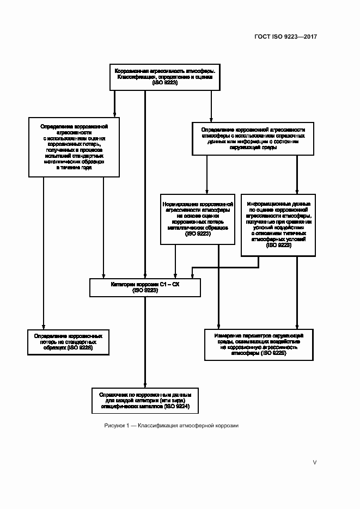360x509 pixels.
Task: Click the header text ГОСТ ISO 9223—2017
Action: [x=286, y=36]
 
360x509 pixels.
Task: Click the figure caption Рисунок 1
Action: [x=118, y=426]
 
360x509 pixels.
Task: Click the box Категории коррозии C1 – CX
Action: [x=145, y=287]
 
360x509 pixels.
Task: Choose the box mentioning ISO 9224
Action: [x=145, y=401]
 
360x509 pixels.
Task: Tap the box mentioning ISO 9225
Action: [x=259, y=344]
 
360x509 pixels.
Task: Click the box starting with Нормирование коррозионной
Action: [x=198, y=219]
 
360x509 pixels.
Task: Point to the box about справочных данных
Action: [x=253, y=138]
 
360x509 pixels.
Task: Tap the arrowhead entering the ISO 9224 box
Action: [x=145, y=383]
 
